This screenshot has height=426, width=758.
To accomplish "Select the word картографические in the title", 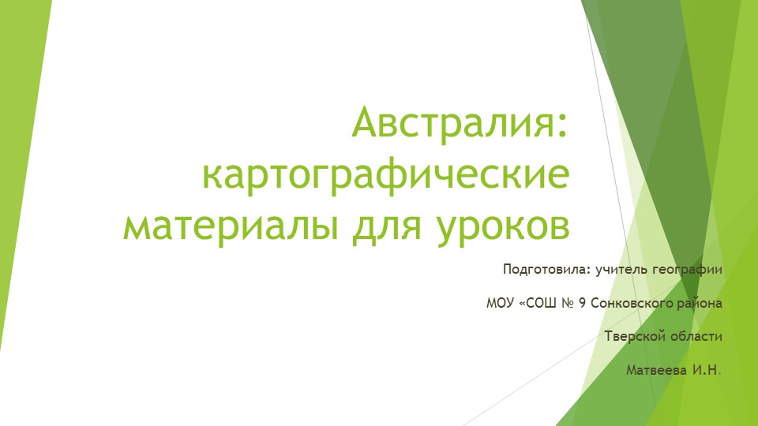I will click(385, 174).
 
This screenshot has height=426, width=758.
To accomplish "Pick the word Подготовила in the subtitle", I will click(545, 270).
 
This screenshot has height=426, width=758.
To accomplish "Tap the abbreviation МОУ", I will click(499, 303).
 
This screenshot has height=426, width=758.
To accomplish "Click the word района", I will click(700, 303).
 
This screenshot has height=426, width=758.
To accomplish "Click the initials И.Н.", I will click(704, 370).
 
